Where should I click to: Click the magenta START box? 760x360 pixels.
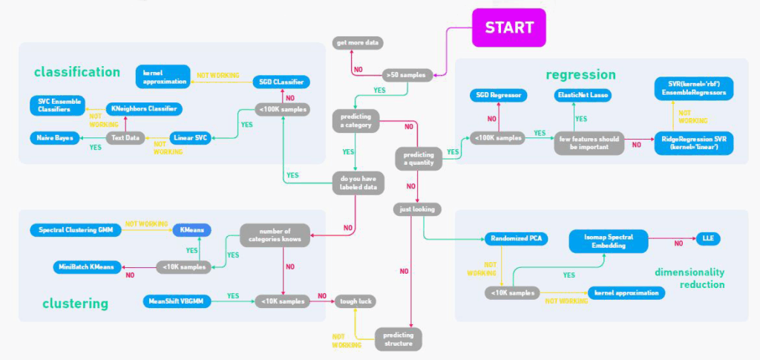point(509,27)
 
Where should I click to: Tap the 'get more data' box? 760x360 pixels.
point(358,42)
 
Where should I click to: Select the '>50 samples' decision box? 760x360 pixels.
point(406,75)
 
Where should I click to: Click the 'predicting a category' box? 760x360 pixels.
point(356,121)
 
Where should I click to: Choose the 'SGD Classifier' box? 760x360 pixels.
point(281,82)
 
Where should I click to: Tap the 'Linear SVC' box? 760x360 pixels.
point(190,138)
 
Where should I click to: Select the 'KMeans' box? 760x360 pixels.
point(192,230)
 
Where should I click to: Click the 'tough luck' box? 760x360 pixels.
point(356,301)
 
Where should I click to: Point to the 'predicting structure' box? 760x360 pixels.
point(399,339)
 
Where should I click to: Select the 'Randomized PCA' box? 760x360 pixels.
point(517,239)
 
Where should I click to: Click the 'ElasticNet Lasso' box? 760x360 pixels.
point(583,96)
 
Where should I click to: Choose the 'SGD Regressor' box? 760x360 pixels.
point(498,96)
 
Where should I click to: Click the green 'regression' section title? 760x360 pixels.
point(580,75)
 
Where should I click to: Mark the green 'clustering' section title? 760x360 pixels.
point(75,304)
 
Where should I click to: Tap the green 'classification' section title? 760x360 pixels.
point(77,72)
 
